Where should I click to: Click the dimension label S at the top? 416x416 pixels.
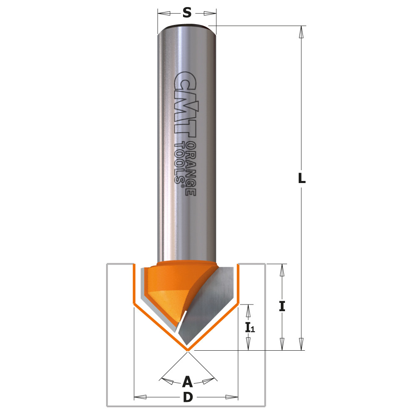coord(187,13)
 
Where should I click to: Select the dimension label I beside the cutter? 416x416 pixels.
coord(282,307)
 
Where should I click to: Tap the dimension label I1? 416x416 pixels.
coord(250,327)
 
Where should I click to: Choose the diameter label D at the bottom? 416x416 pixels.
coord(188,398)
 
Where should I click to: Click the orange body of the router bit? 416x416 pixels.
coord(166,283)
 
